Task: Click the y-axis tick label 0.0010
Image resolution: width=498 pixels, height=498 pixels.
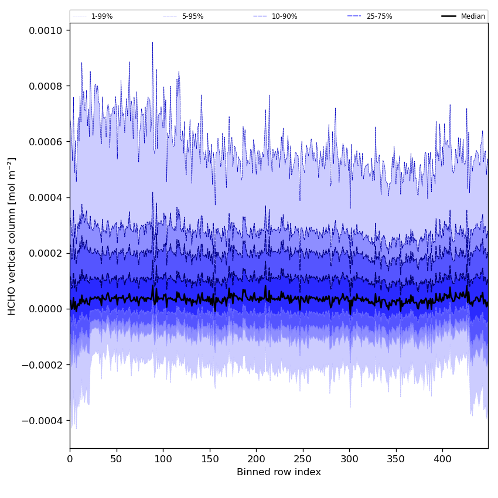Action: (46, 30)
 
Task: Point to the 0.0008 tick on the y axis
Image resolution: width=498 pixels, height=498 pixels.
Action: (46, 86)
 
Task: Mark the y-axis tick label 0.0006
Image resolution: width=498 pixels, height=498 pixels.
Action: (46, 142)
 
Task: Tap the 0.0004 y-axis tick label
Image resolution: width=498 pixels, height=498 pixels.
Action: (46, 197)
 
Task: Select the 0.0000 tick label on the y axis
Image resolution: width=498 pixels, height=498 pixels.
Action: (46, 309)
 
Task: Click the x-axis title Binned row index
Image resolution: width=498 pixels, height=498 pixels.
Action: (279, 472)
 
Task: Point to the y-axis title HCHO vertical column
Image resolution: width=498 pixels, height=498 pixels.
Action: (12, 236)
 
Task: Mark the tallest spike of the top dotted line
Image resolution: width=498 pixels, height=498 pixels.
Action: (152, 43)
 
